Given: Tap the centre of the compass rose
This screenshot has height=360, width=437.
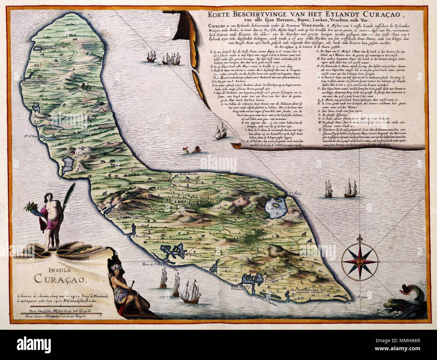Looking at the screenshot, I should pyautogui.click(x=359, y=261).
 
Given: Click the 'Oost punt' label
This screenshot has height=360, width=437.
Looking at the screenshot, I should pyautogui.click(x=359, y=297).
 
